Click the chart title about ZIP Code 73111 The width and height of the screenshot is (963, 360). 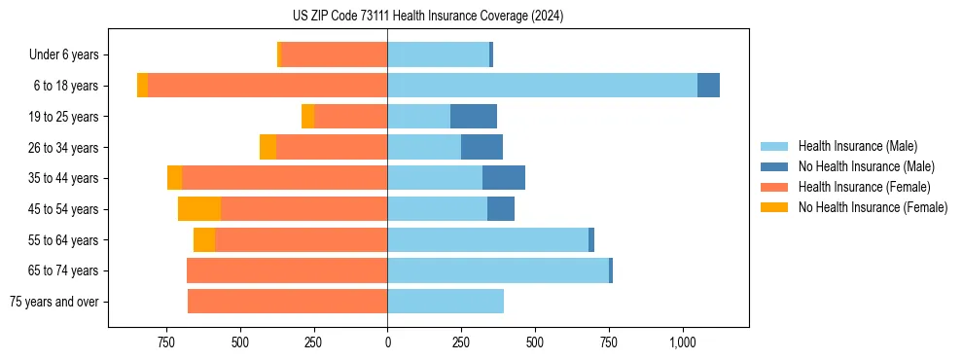427,17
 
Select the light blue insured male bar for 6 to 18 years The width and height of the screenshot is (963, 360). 542,86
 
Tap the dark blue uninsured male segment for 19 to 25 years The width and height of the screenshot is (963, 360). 474,117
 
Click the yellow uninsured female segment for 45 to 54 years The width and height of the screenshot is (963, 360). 199,209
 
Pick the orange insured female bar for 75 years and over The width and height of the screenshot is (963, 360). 287,302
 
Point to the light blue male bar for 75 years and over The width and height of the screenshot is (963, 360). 446,302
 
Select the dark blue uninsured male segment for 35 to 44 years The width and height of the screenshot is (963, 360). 504,178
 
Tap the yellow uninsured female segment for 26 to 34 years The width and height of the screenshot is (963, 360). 267,147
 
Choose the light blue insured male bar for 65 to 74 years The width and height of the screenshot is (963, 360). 498,270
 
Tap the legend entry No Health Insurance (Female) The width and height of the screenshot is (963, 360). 873,207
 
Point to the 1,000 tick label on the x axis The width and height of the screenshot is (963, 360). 682,342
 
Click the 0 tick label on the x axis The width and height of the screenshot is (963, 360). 388,342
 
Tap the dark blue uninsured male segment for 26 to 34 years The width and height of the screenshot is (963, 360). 481,147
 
